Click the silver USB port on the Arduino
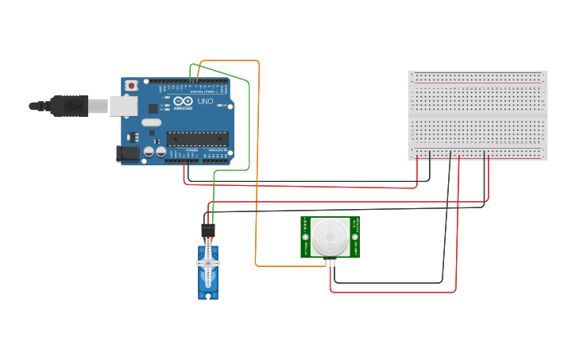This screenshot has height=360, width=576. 122,105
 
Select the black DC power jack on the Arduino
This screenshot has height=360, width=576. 128,153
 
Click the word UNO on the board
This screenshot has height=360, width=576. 205,102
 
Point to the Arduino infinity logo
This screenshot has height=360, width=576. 183,102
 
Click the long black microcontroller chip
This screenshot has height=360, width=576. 197,138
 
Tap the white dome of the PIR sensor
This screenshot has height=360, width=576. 329,237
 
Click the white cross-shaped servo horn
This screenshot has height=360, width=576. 208,264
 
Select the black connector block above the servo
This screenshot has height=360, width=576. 208,231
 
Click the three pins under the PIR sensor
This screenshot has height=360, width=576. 330,261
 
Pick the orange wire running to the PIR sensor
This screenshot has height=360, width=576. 256,199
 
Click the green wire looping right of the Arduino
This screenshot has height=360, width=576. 249,119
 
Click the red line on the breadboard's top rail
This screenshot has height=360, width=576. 477,81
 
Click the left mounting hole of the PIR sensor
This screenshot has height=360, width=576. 305,237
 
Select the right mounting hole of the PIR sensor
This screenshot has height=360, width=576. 354,237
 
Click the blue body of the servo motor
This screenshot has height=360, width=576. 208,282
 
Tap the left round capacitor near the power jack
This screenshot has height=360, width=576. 149,151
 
